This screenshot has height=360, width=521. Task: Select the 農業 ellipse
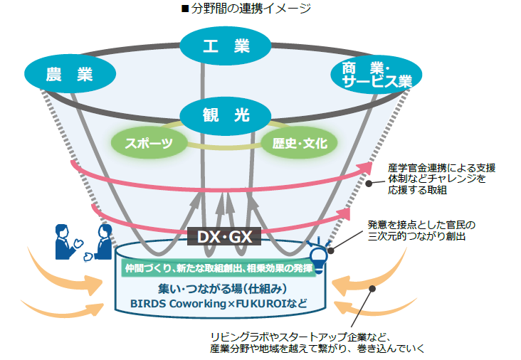pyautogui.click(x=70, y=74)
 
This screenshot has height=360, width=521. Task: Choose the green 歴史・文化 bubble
pyautogui.click(x=300, y=143)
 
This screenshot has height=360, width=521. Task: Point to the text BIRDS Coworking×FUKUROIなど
pyautogui.click(x=222, y=303)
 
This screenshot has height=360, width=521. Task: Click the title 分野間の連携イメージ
pyautogui.click(x=266, y=9)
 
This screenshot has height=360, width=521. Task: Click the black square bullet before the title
pyautogui.click(x=186, y=9)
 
